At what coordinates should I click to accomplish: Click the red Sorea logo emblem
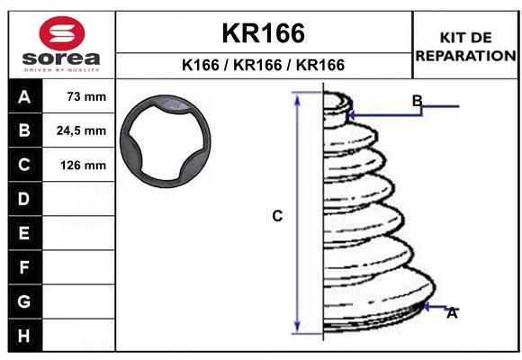click(62, 33)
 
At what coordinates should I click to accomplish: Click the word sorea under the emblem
click(61, 58)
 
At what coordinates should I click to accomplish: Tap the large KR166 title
click(264, 33)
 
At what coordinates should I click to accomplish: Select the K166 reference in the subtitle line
click(201, 65)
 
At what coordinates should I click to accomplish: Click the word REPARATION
click(465, 56)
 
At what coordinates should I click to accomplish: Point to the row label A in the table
click(24, 97)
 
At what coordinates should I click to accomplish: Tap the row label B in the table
click(24, 130)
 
